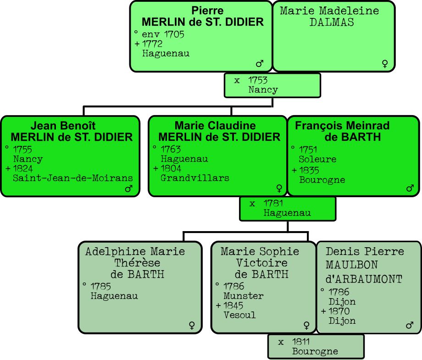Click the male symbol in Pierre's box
coord(260,63)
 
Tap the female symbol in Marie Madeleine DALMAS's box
coord(385,63)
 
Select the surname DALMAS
coord(332,22)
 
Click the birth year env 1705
coord(163,34)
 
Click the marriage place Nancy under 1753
coord(263,90)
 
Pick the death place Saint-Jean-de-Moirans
coord(73,178)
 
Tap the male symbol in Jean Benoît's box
coord(128,188)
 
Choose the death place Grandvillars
coord(195,178)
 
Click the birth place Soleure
coord(317,159)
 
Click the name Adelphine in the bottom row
coord(109,251)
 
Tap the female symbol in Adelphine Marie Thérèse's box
coord(192,325)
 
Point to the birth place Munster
coord(244,296)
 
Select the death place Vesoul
coord(239,315)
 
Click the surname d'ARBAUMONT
coord(364,279)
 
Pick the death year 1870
coord(339,311)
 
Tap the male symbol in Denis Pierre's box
coord(410,325)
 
